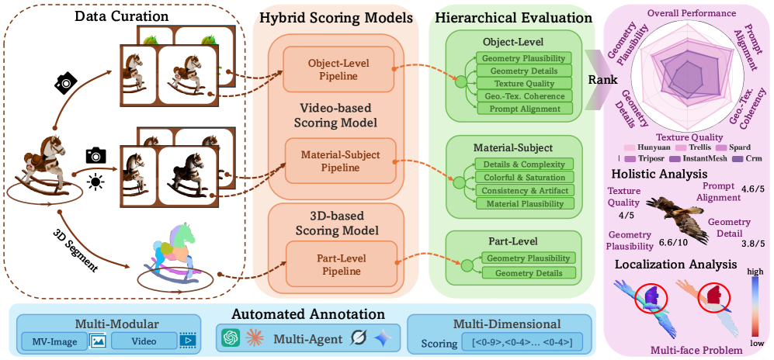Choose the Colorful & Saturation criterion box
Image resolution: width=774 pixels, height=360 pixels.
point(524,177)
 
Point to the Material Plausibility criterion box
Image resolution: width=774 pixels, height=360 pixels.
point(524,202)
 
